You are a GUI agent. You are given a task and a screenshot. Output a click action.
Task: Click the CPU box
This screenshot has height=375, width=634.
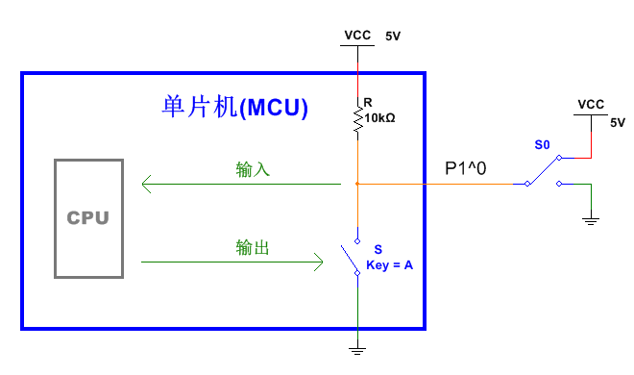pyautogui.click(x=88, y=217)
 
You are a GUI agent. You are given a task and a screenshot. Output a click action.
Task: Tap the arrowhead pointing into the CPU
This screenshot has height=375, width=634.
pyautogui.click(x=146, y=183)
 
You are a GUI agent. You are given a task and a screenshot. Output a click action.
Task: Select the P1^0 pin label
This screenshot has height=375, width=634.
pyautogui.click(x=466, y=168)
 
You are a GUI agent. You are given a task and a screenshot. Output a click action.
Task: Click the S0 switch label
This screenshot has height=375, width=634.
pyautogui.click(x=542, y=145)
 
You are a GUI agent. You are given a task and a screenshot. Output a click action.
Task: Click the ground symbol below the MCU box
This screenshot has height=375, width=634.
pyautogui.click(x=357, y=348)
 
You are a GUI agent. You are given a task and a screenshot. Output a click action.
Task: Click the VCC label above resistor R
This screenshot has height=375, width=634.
pyautogui.click(x=357, y=36)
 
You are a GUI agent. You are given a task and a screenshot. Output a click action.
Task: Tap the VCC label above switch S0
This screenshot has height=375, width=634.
pyautogui.click(x=591, y=104)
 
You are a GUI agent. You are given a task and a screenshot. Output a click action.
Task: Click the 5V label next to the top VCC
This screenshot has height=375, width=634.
pyautogui.click(x=393, y=37)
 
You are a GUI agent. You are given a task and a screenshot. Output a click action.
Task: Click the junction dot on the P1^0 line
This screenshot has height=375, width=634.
pyautogui.click(x=357, y=183)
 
